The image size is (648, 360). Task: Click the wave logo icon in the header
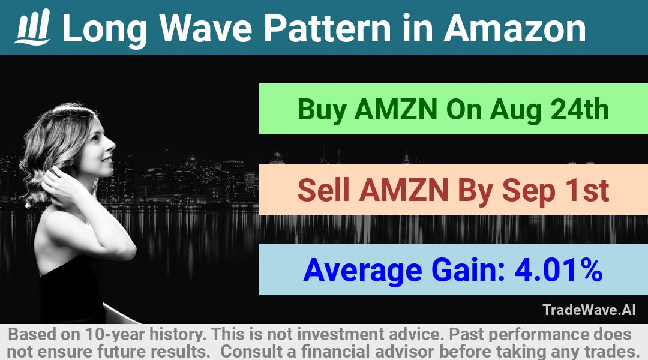(32, 27)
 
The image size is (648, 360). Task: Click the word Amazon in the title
(515, 28)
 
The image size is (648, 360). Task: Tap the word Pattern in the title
(328, 28)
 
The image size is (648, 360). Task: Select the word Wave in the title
(205, 28)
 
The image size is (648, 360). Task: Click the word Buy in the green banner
(322, 110)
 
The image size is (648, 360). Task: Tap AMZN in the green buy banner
(395, 109)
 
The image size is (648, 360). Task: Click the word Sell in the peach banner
(323, 190)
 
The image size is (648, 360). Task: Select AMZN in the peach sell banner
(403, 190)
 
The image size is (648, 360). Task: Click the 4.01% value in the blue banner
(558, 269)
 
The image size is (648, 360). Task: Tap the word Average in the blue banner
(362, 271)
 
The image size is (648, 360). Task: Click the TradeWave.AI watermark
(589, 310)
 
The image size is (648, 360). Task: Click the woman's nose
(111, 145)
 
